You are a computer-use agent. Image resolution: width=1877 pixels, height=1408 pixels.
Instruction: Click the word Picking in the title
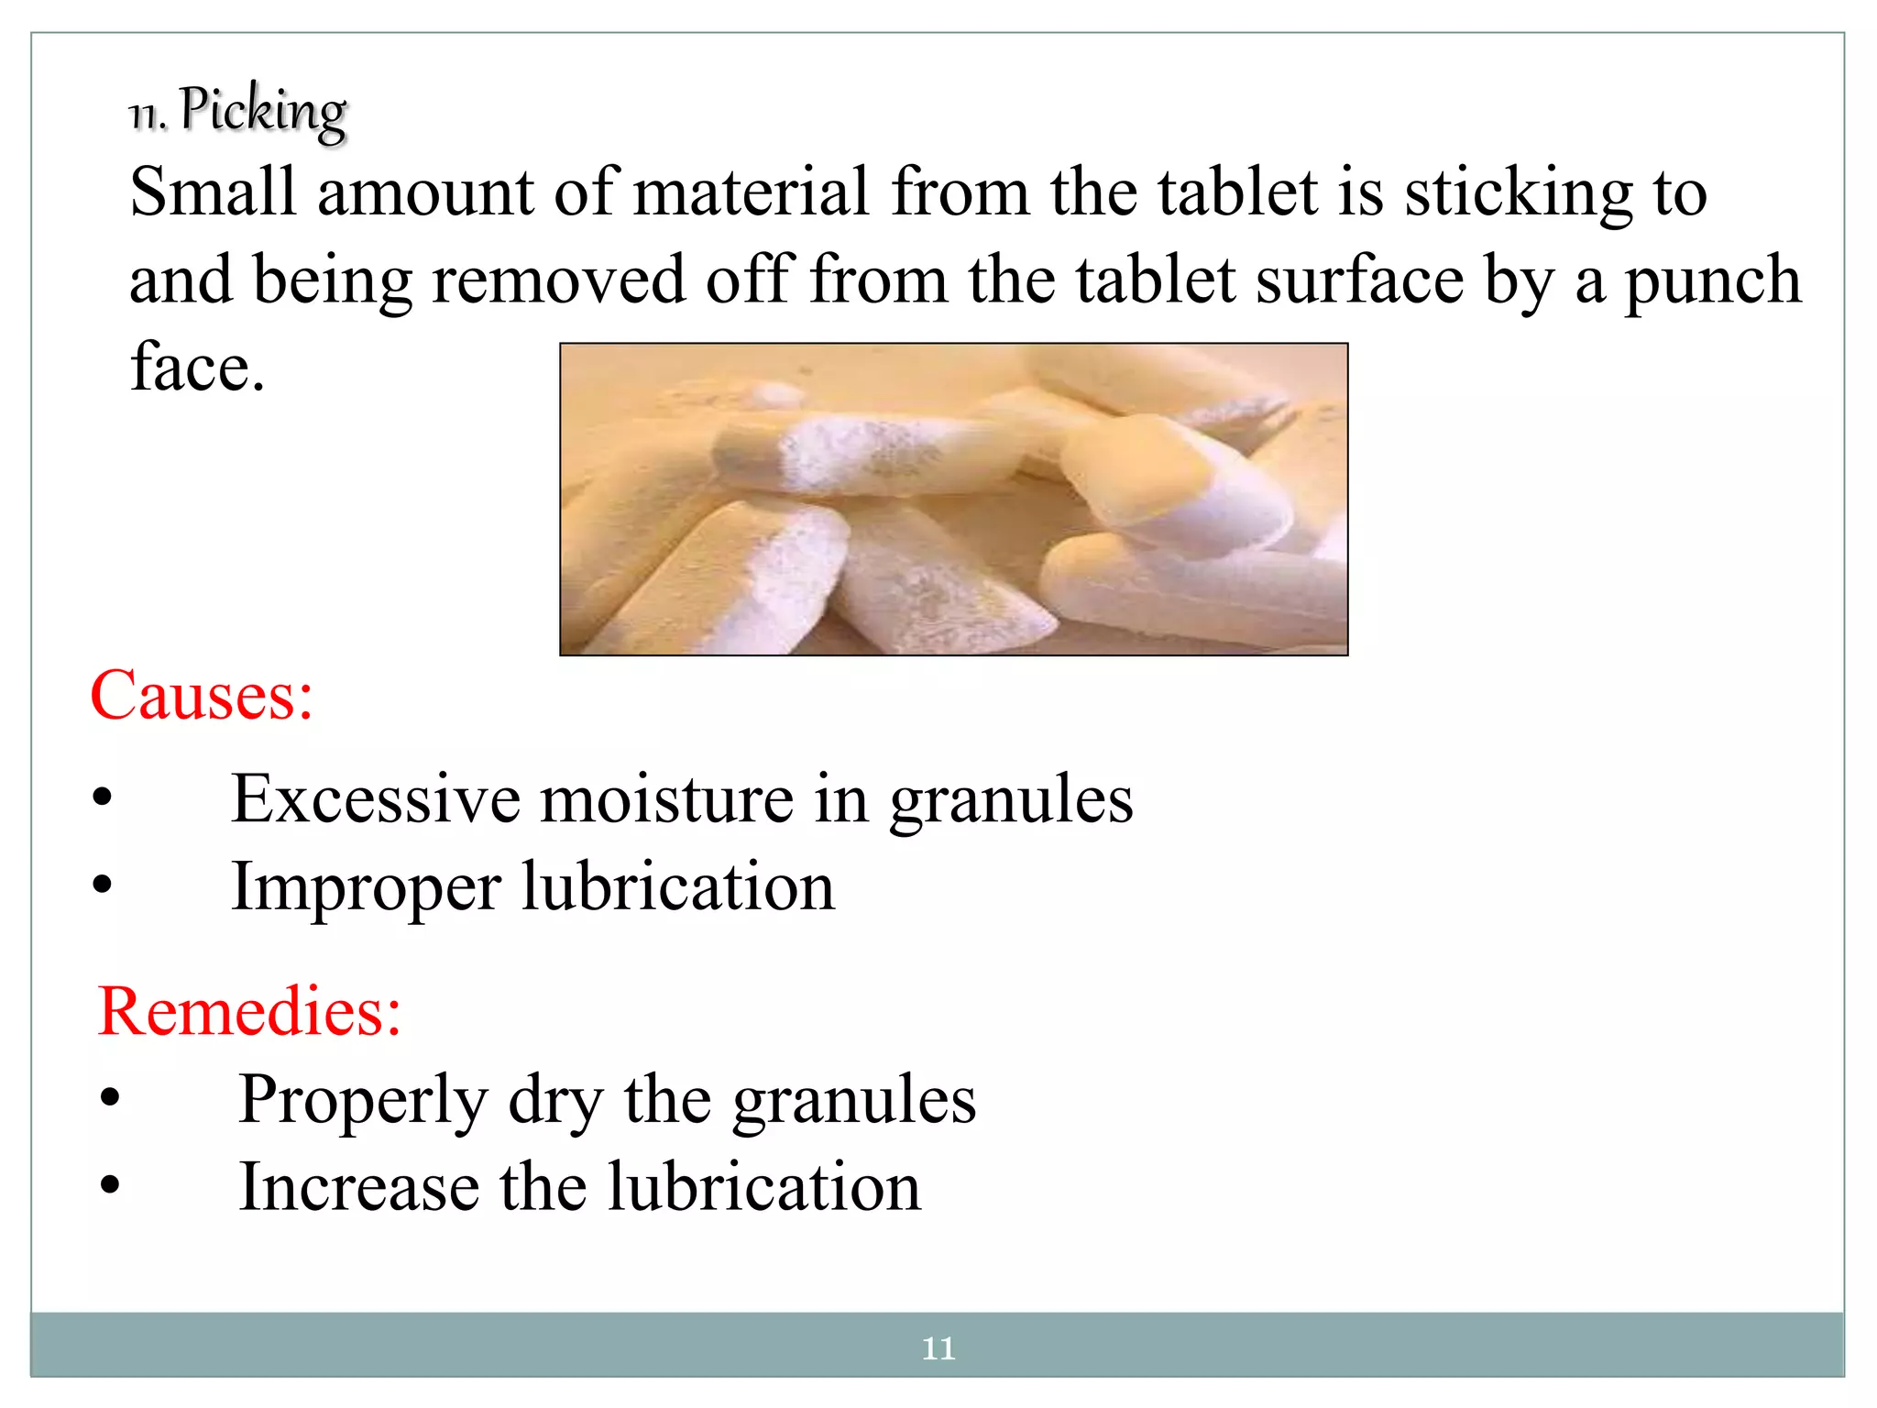tap(263, 111)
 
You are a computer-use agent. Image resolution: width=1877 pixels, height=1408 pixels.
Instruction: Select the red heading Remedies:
tap(249, 1012)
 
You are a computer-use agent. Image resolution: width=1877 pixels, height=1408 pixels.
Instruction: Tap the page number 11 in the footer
tap(938, 1348)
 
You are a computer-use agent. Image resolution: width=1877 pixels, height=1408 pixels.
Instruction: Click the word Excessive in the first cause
tap(375, 799)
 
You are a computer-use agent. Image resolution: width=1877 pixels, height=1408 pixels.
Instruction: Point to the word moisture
tap(666, 799)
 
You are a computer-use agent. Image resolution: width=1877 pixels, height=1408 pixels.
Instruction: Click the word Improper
tap(366, 888)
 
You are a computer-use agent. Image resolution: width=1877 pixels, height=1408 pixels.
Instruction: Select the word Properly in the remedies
tap(363, 1100)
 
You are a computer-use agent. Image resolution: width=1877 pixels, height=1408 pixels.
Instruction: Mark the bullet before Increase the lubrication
tap(110, 1185)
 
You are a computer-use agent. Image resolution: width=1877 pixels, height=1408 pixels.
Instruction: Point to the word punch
tap(1712, 280)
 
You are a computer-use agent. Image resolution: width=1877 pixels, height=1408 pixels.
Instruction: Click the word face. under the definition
tap(197, 367)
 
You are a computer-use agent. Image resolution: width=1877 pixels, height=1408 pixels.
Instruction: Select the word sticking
tap(1519, 194)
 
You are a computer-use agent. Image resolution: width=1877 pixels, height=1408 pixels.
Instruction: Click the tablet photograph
tap(953, 500)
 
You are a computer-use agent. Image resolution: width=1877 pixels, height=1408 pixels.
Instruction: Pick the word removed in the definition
tap(557, 280)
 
